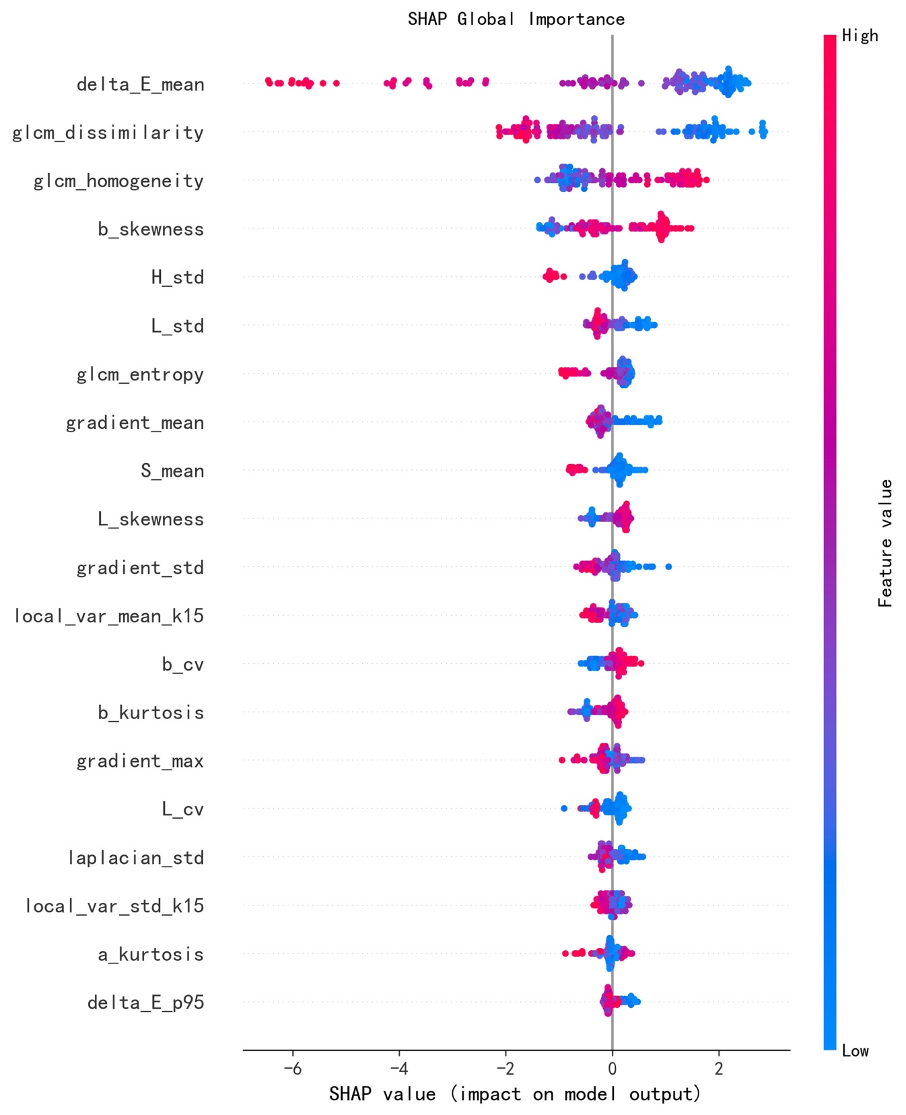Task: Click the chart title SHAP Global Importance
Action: pyautogui.click(x=516, y=19)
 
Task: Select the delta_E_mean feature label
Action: pyautogui.click(x=140, y=85)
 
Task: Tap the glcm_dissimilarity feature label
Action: pyautogui.click(x=108, y=133)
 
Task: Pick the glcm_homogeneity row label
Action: pyautogui.click(x=118, y=181)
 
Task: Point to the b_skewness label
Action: pyautogui.click(x=150, y=230)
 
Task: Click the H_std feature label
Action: pyautogui.click(x=177, y=277)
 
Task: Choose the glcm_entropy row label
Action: pyautogui.click(x=140, y=374)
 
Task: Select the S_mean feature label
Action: pyautogui.click(x=172, y=471)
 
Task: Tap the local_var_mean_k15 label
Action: pyautogui.click(x=108, y=616)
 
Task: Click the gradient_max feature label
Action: pyautogui.click(x=139, y=761)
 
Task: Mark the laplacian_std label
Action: pyautogui.click(x=135, y=858)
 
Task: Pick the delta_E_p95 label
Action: pyautogui.click(x=145, y=1003)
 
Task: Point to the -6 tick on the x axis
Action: pyautogui.click(x=292, y=1069)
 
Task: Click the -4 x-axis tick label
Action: pyautogui.click(x=398, y=1069)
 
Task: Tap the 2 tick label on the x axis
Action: pyautogui.click(x=718, y=1069)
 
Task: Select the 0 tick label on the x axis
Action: pyautogui.click(x=612, y=1069)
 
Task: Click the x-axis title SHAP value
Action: pyautogui.click(x=515, y=1094)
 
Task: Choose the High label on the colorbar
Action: pyautogui.click(x=860, y=36)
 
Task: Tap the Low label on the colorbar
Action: pyautogui.click(x=855, y=1051)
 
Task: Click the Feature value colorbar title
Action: pyautogui.click(x=885, y=543)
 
